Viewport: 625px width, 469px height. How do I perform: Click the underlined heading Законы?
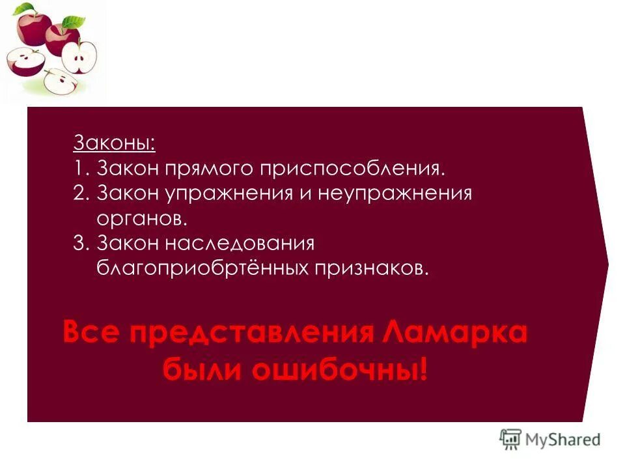[x=115, y=143]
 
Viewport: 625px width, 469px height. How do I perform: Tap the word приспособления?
[x=353, y=169]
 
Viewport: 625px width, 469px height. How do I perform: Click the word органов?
[x=141, y=218]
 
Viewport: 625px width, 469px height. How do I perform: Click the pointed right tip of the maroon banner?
[x=607, y=263]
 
